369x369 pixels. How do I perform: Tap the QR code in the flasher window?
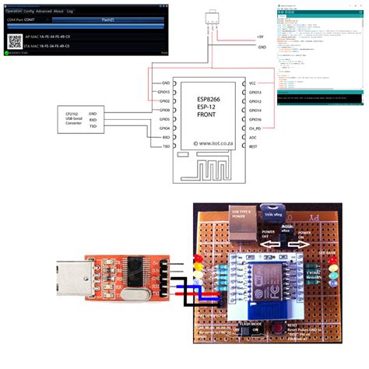(x=15, y=41)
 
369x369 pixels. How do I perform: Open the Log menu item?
(x=70, y=12)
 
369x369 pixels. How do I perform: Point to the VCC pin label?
(x=252, y=83)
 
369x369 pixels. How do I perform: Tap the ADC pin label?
(x=251, y=137)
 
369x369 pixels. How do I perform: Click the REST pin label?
(x=252, y=146)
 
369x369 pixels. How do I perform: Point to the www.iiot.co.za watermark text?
(x=207, y=143)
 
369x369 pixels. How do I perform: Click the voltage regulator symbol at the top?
(x=210, y=19)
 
